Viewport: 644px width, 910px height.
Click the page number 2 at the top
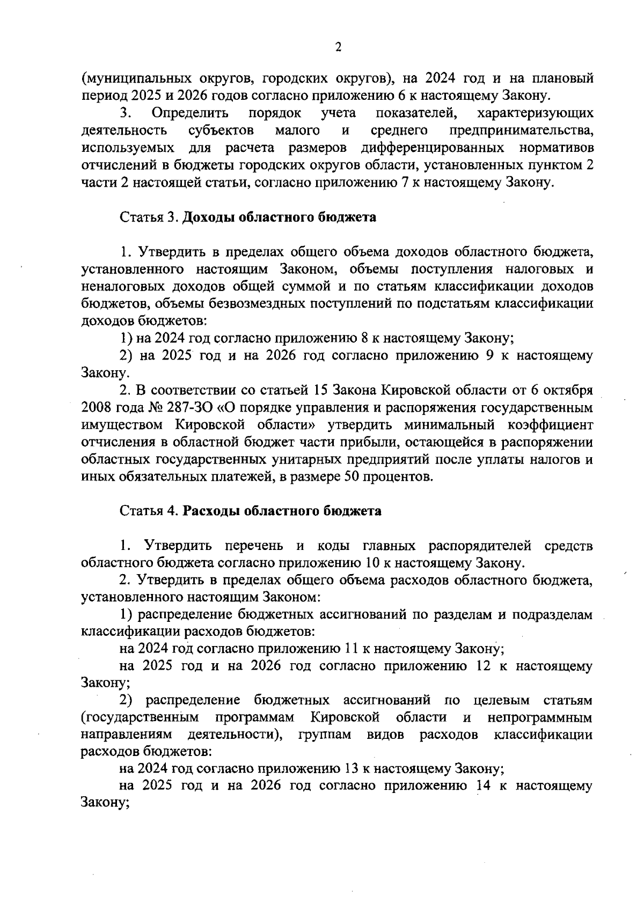click(338, 47)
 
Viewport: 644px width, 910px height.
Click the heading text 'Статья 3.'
click(149, 217)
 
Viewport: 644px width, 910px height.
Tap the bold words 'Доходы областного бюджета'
click(279, 217)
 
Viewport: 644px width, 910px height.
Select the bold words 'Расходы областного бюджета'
click(282, 511)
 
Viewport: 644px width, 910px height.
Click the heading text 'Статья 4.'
click(149, 511)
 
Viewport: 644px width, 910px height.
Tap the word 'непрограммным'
click(540, 717)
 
